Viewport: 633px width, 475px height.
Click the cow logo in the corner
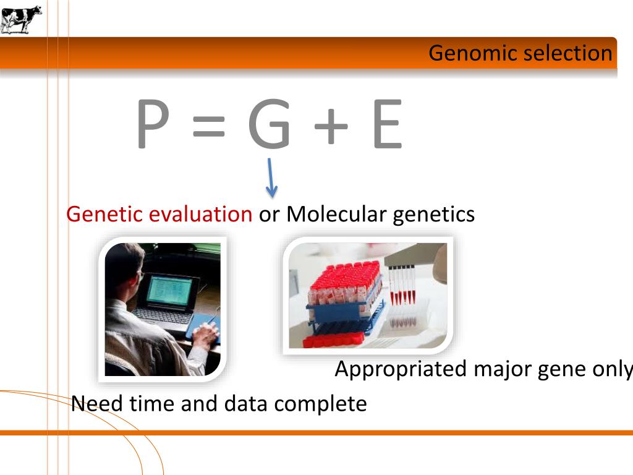tap(21, 19)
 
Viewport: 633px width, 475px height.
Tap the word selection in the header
tap(567, 53)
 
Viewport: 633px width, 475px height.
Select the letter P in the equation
tap(152, 126)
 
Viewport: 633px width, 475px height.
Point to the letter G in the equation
tap(269, 126)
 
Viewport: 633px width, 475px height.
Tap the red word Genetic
tap(106, 214)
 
